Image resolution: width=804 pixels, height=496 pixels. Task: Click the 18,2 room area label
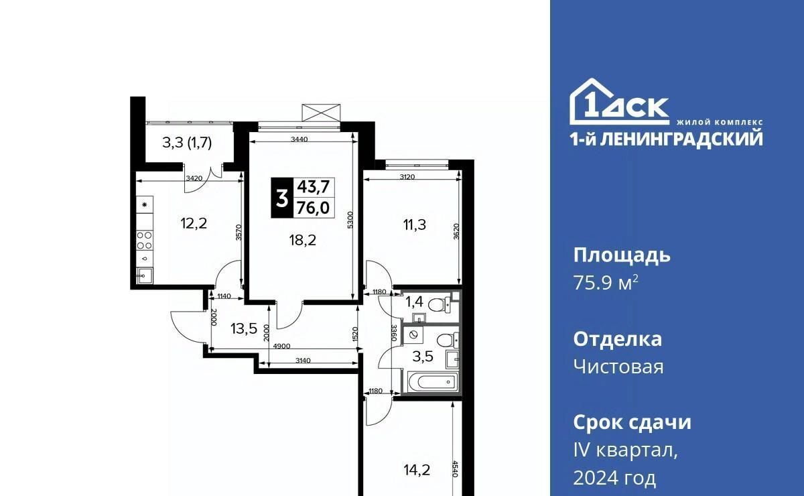click(303, 240)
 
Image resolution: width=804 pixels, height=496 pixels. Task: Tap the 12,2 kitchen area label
click(194, 224)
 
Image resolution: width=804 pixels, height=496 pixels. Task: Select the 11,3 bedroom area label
click(415, 225)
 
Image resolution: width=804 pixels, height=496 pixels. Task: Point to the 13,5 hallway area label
click(244, 328)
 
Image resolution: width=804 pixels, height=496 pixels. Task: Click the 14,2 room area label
click(417, 470)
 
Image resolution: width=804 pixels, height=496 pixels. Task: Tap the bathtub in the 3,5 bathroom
click(433, 383)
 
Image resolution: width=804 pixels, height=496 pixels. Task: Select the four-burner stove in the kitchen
click(145, 241)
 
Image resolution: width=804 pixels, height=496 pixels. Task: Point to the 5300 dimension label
click(350, 219)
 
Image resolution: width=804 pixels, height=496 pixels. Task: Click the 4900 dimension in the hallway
click(282, 347)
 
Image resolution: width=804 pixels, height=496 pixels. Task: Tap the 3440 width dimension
click(299, 139)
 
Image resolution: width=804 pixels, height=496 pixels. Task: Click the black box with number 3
click(282, 198)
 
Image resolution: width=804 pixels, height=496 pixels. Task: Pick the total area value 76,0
click(314, 208)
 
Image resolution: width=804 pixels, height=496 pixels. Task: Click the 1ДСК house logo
click(619, 102)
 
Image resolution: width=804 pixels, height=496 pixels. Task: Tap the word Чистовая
click(618, 367)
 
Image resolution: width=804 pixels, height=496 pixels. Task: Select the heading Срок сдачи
click(632, 422)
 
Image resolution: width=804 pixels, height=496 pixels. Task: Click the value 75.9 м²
click(606, 283)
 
